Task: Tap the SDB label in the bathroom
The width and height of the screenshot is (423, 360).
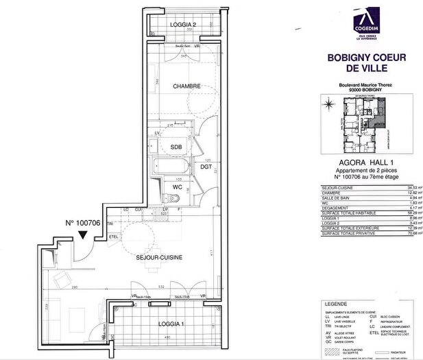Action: (x=176, y=147)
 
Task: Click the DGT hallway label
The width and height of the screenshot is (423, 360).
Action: (x=206, y=165)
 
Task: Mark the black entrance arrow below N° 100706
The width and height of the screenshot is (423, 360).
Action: (x=83, y=236)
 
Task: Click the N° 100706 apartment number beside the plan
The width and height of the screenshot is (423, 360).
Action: (x=83, y=223)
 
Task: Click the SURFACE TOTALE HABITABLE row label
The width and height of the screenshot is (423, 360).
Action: (x=346, y=213)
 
